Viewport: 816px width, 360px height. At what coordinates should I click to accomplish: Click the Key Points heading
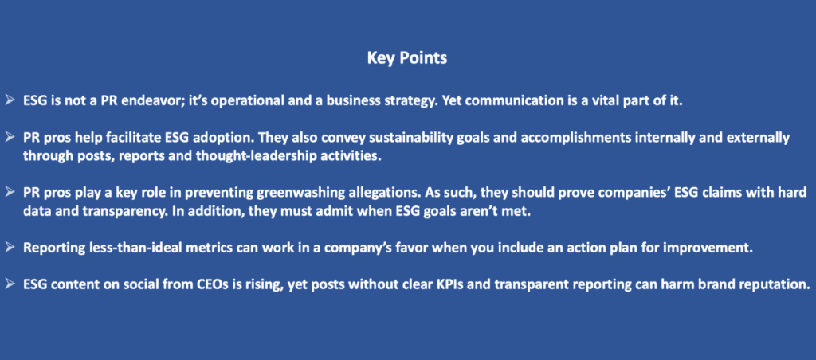click(407, 58)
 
